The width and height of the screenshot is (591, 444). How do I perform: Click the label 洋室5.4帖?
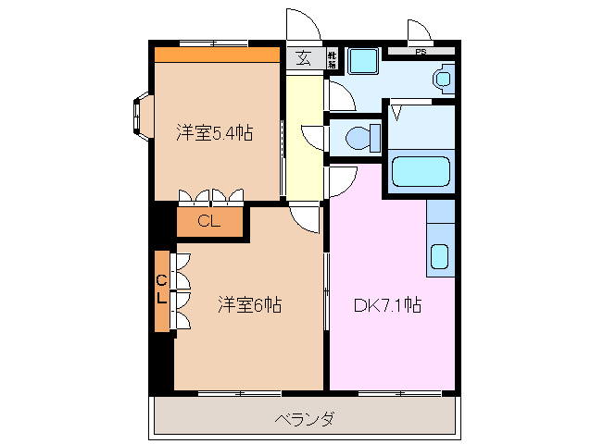pos(215,133)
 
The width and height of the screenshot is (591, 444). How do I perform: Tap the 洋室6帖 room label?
pos(250,303)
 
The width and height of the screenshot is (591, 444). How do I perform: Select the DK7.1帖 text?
pos(388,303)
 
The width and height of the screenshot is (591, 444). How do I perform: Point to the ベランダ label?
pos(305,419)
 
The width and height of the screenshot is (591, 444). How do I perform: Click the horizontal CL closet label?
pos(208,221)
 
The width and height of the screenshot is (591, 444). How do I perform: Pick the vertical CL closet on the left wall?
pos(161,290)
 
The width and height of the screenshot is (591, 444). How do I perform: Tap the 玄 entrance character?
pos(303,58)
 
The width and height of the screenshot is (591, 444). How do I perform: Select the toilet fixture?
pos(358,138)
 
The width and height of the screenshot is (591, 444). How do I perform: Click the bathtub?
pos(421,173)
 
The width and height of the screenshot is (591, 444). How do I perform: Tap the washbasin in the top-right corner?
pos(443,80)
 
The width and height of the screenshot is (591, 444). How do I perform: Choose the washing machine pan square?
pos(362,62)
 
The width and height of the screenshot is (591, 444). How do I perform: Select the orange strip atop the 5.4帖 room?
pos(217,54)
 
